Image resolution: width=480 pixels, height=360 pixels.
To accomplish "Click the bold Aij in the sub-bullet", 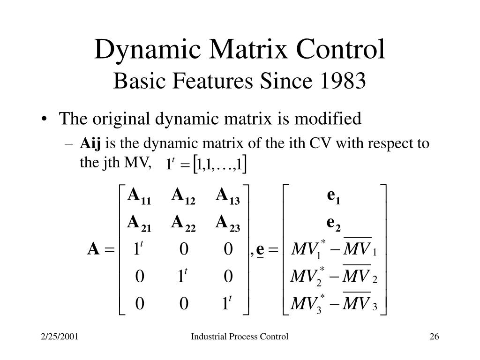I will (x=91, y=143).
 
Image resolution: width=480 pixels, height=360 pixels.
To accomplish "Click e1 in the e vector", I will (x=334, y=197).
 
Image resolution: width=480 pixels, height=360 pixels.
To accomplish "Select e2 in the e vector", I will (x=334, y=224).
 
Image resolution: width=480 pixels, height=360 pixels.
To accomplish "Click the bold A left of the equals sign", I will (x=93, y=250).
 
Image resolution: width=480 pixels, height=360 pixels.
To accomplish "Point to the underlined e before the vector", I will (x=261, y=250).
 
